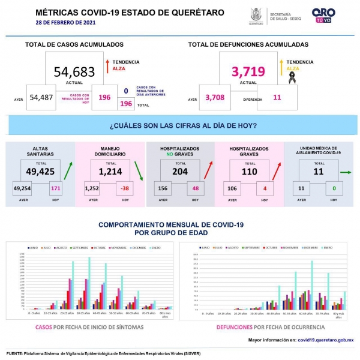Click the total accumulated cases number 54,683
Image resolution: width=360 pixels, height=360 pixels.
[x=74, y=72]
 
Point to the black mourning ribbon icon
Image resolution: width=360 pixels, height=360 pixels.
[x=292, y=76]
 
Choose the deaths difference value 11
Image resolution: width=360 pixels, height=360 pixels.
[x=277, y=97]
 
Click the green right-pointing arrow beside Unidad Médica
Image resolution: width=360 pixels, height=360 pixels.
[x=346, y=172]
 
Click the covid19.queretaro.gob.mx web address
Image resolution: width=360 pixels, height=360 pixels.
[x=325, y=340]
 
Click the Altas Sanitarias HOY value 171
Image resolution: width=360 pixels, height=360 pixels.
[x=55, y=190]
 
